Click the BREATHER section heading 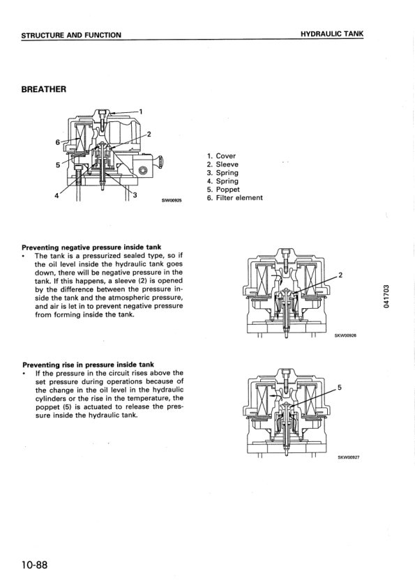point(44,89)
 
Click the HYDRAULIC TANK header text point(332,33)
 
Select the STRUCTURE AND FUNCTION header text point(71,35)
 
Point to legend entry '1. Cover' point(221,156)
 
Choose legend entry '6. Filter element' point(234,198)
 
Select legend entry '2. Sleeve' point(222,165)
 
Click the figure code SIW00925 point(172,201)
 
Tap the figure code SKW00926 point(347,335)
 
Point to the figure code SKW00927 point(347,458)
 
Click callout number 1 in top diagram point(141,111)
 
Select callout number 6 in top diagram point(57,142)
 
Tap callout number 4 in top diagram point(56,196)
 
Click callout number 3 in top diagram point(135,194)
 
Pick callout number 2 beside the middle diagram point(340,275)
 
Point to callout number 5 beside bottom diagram point(340,387)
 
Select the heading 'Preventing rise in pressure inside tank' point(88,364)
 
